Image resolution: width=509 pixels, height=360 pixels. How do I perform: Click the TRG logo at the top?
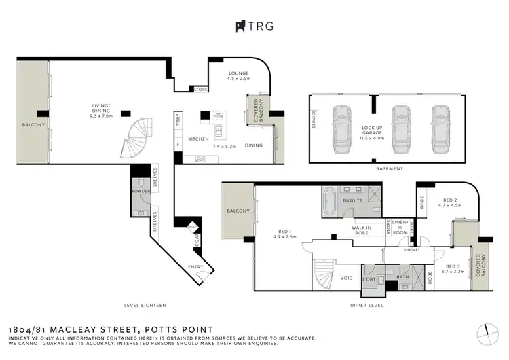254,26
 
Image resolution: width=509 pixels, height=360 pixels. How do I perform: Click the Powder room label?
142,192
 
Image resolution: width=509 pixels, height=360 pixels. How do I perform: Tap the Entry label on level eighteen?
195,267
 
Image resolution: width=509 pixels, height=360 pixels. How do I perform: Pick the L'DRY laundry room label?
370,279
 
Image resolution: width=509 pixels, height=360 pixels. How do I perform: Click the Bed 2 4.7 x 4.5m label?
449,202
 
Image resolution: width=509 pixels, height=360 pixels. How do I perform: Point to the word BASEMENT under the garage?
389,168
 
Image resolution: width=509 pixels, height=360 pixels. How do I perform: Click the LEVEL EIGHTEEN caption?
145,305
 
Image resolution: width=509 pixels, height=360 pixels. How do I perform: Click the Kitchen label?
198,139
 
